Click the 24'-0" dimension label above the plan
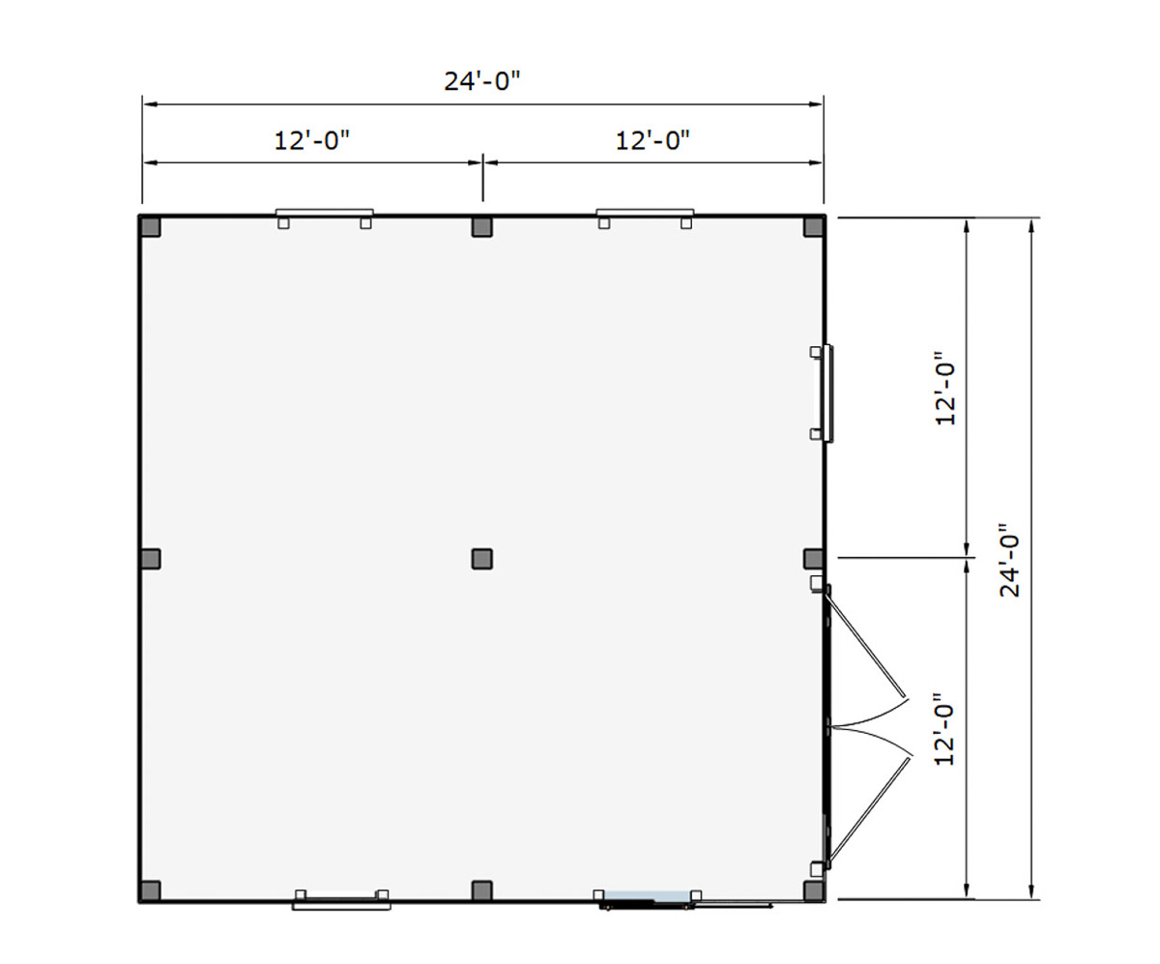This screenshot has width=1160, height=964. [481, 81]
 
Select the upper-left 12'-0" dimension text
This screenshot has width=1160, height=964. [312, 140]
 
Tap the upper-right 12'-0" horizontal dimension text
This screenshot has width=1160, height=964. [652, 140]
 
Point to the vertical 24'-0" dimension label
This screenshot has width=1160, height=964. [1009, 560]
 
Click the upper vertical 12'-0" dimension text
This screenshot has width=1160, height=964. [945, 389]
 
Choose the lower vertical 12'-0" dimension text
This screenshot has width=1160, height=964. [944, 729]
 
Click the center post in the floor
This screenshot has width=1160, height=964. [482, 559]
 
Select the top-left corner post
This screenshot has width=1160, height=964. [151, 226]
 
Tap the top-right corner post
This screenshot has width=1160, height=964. [814, 226]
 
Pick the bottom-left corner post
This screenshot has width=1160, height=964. [151, 891]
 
